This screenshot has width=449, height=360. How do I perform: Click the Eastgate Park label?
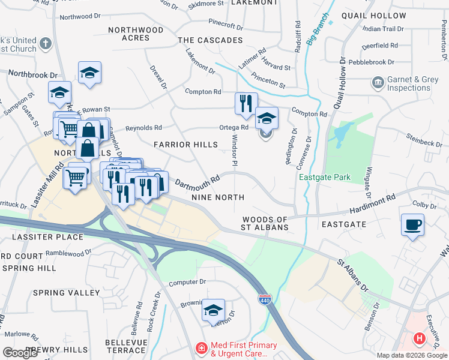click(325, 177)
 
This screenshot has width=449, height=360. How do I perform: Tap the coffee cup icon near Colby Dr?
click(412, 226)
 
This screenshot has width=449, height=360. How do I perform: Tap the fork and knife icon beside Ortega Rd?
click(246, 104)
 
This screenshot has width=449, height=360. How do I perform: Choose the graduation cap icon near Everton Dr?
click(213, 310)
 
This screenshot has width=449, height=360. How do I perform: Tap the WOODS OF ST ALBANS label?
click(265, 224)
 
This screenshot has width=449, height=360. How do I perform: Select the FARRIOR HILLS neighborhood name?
click(185, 145)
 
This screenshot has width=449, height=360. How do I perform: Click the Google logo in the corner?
click(20, 352)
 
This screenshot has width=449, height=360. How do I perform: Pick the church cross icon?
click(46, 44)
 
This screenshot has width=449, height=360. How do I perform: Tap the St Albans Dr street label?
click(352, 275)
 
